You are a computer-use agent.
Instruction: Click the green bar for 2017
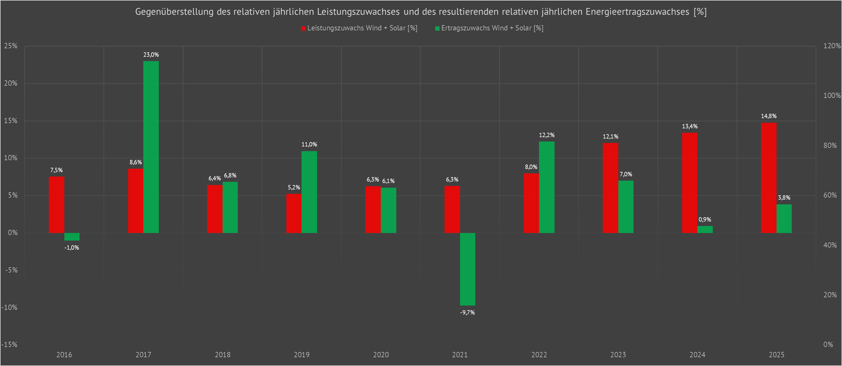coord(151,147)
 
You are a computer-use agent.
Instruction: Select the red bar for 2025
coord(768,178)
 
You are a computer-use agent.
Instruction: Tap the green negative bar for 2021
coord(467,269)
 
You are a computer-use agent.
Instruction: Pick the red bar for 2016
coord(57,205)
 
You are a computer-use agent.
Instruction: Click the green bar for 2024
coord(705,229)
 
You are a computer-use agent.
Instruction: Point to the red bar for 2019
coord(294,213)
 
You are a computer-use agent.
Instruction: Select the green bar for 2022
coord(547,187)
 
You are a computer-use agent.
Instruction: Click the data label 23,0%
coord(151,55)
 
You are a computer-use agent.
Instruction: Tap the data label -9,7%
coord(467,313)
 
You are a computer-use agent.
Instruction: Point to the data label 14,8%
coord(768,116)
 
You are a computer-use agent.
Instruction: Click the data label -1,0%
coord(72,248)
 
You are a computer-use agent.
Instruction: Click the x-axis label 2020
coord(381,355)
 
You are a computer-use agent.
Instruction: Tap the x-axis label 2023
coord(618,355)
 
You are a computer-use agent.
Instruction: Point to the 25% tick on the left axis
coord(11,46)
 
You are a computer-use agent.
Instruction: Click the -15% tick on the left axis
coord(9,345)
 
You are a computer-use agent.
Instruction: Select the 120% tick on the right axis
coord(832,46)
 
